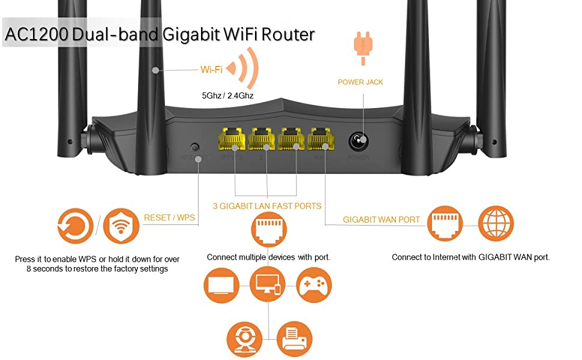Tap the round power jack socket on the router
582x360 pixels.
(x=358, y=142)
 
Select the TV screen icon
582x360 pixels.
(x=222, y=284)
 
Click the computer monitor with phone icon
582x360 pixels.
(x=268, y=284)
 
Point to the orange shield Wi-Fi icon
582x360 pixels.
(x=121, y=227)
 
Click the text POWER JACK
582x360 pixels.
(x=360, y=82)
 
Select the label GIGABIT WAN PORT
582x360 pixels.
(x=382, y=220)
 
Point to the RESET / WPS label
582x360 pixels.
(x=169, y=217)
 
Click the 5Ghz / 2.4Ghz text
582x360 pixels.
(x=227, y=95)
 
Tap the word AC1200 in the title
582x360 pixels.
(x=36, y=34)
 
